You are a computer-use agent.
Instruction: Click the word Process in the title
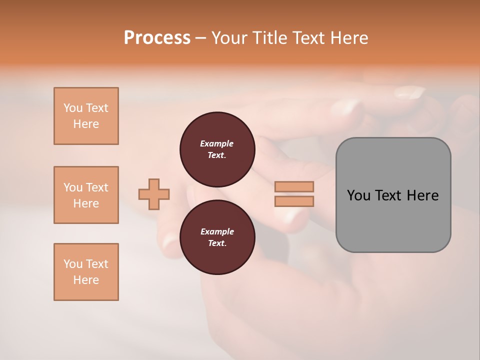click(157, 38)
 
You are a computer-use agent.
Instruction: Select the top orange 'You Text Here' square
click(86, 116)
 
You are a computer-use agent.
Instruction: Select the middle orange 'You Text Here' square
click(86, 195)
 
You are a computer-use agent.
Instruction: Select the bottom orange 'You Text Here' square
click(86, 272)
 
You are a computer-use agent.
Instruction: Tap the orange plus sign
click(154, 194)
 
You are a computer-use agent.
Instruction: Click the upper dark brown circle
click(217, 149)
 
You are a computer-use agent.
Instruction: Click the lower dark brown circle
click(217, 237)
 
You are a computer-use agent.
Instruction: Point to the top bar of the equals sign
click(294, 186)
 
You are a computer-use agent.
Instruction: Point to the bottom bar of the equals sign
click(294, 201)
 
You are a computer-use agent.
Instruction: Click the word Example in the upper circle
click(217, 143)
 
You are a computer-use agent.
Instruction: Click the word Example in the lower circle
click(217, 231)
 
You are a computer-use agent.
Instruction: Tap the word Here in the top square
click(86, 124)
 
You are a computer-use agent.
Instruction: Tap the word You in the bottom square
click(73, 264)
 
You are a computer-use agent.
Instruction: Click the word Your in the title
click(228, 38)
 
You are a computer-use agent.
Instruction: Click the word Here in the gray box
click(422, 195)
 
